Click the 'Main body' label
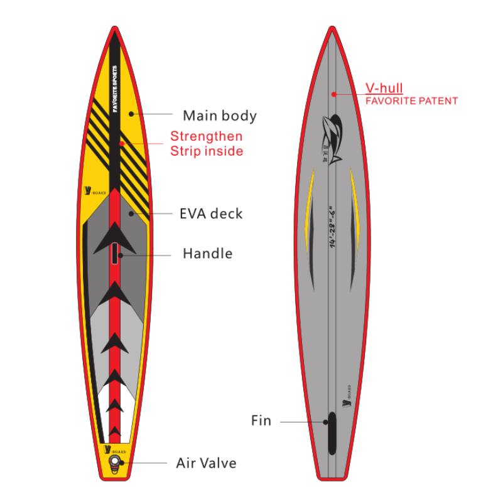pyautogui.click(x=219, y=116)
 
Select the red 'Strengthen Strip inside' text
pyautogui.click(x=206, y=144)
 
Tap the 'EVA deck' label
pyautogui.click(x=210, y=213)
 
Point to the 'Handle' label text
pyautogui.click(x=207, y=254)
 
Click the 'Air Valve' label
pyautogui.click(x=206, y=463)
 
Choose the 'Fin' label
pyautogui.click(x=261, y=421)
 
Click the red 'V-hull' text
pyautogui.click(x=384, y=88)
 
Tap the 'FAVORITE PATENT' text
pyautogui.click(x=411, y=100)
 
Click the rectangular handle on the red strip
pyautogui.click(x=115, y=252)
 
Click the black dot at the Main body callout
pyautogui.click(x=131, y=114)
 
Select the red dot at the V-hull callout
pyautogui.click(x=335, y=94)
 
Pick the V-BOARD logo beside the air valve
pyautogui.click(x=115, y=449)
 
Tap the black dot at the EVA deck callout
pyautogui.click(x=131, y=213)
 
